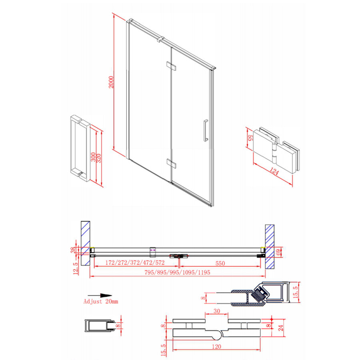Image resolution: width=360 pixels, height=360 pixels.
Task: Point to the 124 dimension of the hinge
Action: [x=273, y=173]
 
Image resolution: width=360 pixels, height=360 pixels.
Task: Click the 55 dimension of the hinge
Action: [x=250, y=140]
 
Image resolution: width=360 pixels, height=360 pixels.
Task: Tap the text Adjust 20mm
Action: [x=101, y=301]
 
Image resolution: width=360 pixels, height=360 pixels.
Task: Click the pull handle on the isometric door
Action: [x=206, y=130]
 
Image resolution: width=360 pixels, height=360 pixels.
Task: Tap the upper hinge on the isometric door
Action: [x=171, y=65]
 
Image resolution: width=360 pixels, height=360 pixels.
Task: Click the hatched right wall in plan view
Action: [x=270, y=246]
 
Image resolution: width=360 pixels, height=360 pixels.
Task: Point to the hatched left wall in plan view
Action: [x=86, y=242]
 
